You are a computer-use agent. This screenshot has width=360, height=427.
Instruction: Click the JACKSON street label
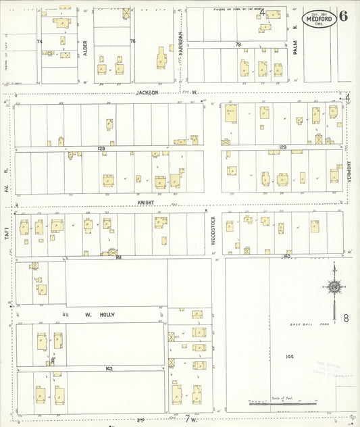pyautogui.click(x=147, y=92)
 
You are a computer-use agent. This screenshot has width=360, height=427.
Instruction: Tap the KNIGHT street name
pyautogui.click(x=147, y=202)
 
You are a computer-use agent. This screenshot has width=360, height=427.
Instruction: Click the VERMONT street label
pyautogui.click(x=349, y=173)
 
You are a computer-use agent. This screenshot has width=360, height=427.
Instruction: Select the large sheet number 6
pyautogui.click(x=344, y=16)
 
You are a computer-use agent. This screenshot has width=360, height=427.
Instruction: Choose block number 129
pyautogui.click(x=282, y=147)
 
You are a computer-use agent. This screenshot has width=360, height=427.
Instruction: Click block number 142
pyautogui.click(x=109, y=369)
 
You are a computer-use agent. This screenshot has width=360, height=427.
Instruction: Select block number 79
pyautogui.click(x=238, y=44)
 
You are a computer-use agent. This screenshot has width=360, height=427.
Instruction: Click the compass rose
pyautogui.click(x=334, y=287)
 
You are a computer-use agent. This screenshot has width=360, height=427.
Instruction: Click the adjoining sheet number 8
pyautogui.click(x=346, y=318)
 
